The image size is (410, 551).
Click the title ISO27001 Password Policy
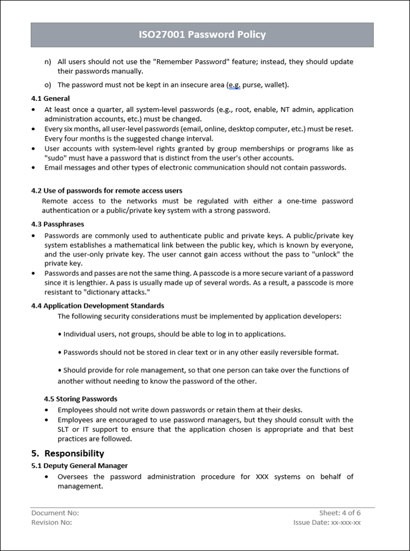pyautogui.click(x=202, y=35)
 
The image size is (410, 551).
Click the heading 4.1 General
pyautogui.click(x=50, y=99)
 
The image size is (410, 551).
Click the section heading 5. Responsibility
pyautogui.click(x=68, y=453)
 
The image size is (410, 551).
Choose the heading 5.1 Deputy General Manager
pyautogui.click(x=79, y=466)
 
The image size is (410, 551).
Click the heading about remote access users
pyautogui.click(x=106, y=191)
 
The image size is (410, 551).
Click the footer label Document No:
pyautogui.click(x=55, y=513)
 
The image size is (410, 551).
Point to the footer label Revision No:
pyautogui.click(x=51, y=523)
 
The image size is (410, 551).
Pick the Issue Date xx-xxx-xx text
pyautogui.click(x=327, y=523)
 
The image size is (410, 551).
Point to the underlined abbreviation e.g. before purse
pyautogui.click(x=234, y=85)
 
